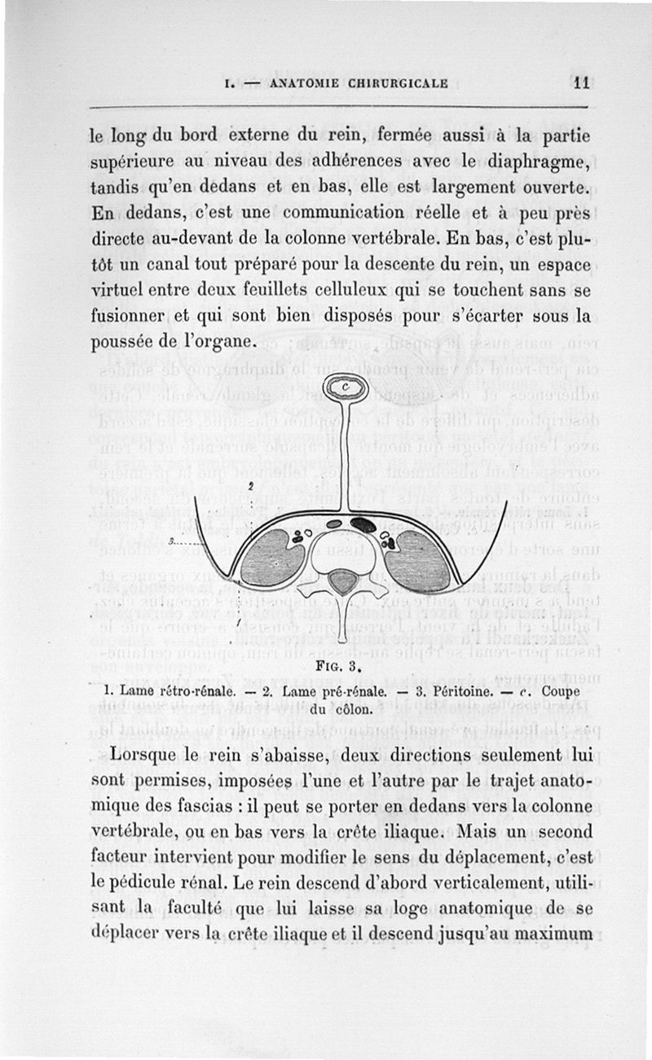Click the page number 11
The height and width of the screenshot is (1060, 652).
click(580, 82)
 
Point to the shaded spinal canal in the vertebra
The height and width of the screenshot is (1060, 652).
click(343, 581)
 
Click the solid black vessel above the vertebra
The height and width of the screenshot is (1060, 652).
click(363, 524)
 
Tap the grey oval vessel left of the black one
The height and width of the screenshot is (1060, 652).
click(334, 524)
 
